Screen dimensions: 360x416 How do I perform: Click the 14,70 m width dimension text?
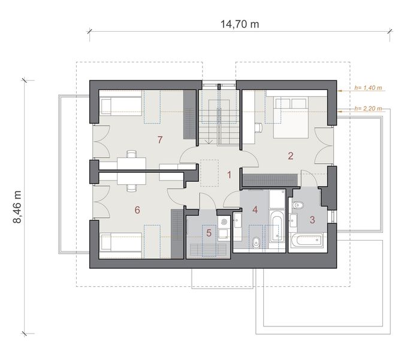[240, 24]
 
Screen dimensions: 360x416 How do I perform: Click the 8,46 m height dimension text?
[17, 207]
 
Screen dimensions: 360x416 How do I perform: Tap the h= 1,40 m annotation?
[368, 88]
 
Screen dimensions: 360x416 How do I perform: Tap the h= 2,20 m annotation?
[368, 109]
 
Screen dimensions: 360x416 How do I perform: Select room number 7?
[159, 140]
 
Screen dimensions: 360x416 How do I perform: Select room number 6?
[137, 210]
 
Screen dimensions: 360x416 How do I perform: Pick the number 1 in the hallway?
[229, 175]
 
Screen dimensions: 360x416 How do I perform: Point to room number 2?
[290, 156]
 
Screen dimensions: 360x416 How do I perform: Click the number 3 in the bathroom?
[312, 220]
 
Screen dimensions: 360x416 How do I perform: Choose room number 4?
[255, 210]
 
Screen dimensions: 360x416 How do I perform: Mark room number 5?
[209, 233]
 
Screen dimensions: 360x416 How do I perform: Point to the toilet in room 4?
[255, 243]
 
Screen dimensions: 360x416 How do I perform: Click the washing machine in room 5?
[224, 222]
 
